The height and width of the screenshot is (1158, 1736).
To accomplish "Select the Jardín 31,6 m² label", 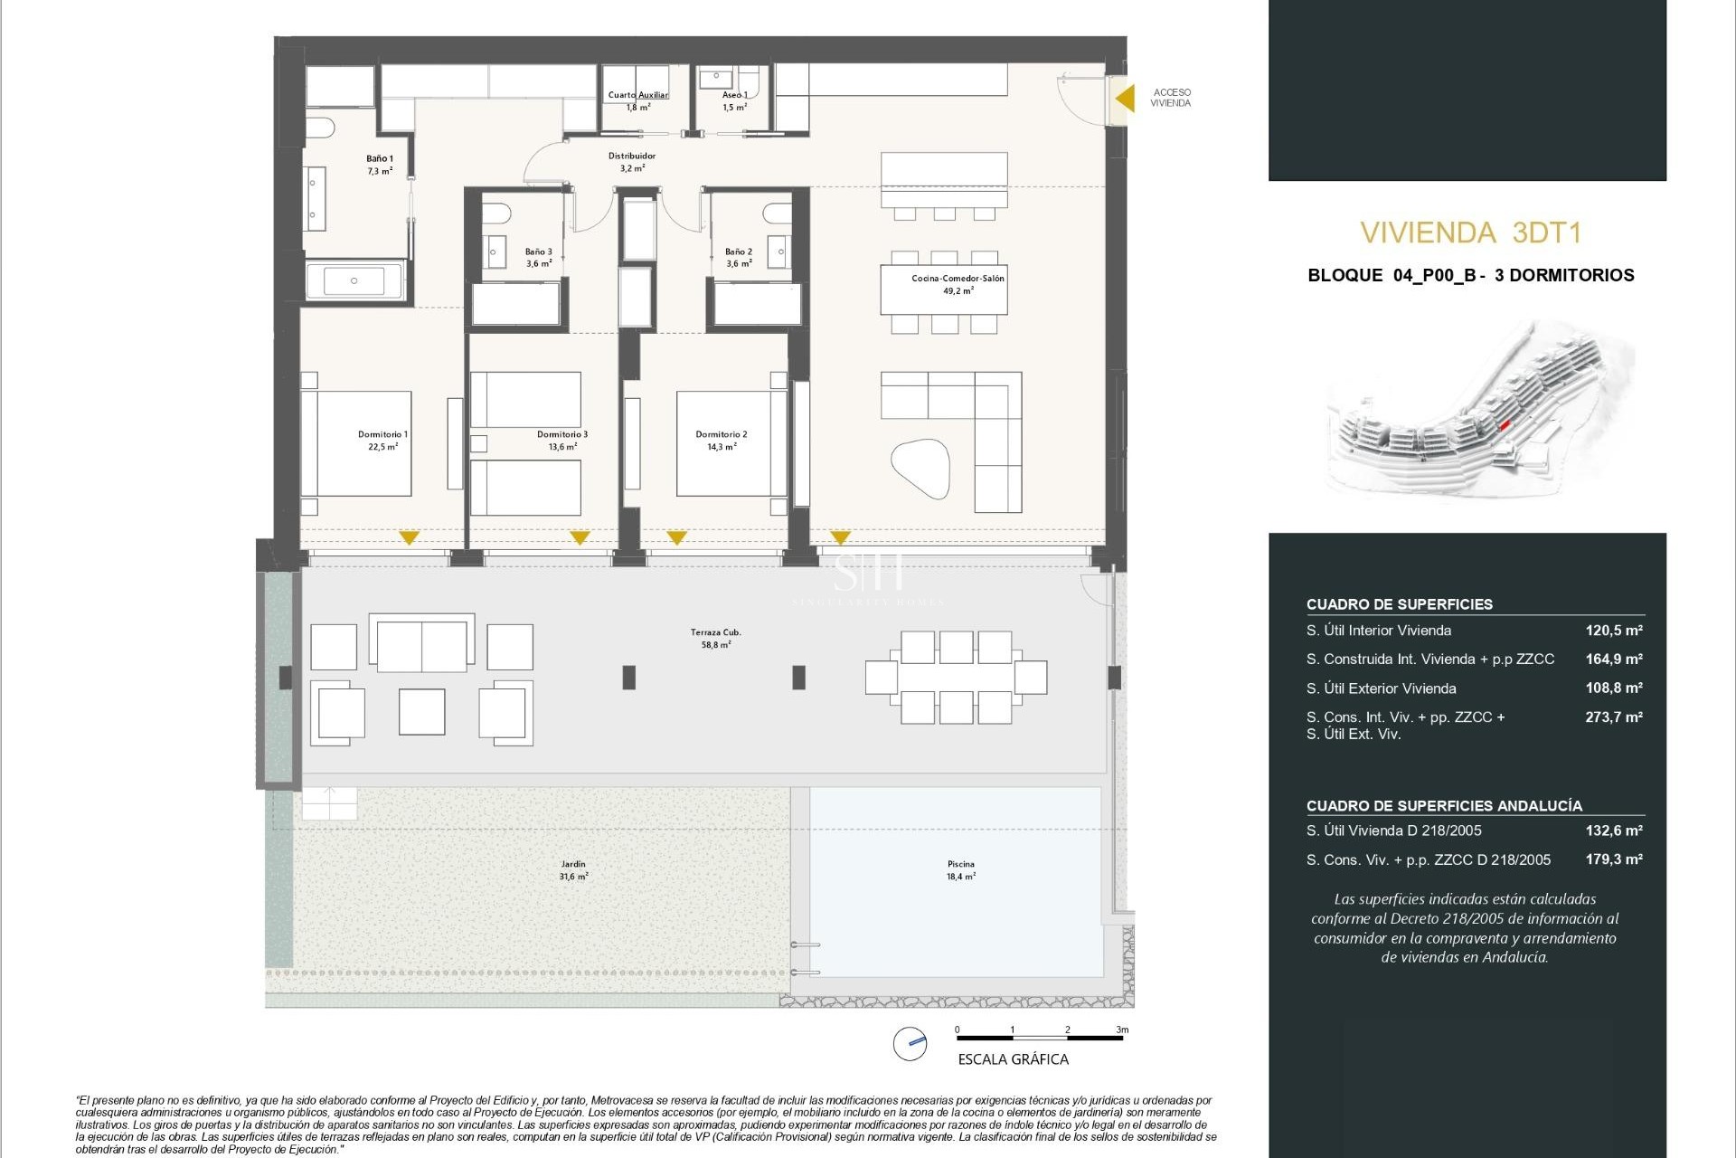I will tap(573, 869).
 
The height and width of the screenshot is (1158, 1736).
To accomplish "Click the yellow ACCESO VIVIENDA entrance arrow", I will tap(1125, 98).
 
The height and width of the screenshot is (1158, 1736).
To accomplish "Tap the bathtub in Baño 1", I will tap(354, 280).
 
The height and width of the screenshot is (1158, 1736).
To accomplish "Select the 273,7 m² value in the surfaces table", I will tap(1613, 717).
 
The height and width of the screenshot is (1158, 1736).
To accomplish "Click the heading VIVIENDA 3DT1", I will tap(1470, 233).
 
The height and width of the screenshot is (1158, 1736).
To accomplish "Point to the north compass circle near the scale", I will tap(910, 1043).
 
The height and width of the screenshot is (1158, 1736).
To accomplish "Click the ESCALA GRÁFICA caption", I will tap(1013, 1059).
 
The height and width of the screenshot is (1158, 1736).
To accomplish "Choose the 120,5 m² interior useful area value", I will tap(1613, 631).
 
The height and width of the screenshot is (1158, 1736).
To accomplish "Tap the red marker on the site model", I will tap(1505, 425).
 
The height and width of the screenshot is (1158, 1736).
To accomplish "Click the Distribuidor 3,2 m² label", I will tap(632, 162).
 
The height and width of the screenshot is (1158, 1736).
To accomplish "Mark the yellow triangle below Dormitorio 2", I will tap(676, 537).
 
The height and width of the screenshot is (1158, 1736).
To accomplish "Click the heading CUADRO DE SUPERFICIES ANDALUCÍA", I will tap(1444, 805).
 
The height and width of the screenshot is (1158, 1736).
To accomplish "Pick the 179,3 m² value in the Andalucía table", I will tap(1613, 859).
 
